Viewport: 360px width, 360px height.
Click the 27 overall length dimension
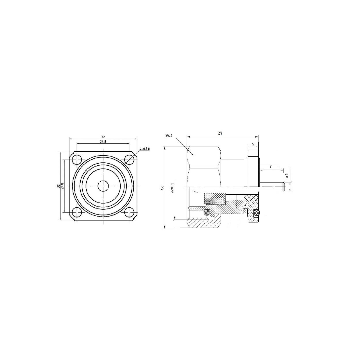coord(220,133)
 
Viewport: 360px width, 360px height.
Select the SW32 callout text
coord(169,136)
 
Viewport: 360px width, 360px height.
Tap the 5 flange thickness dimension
coord(253,144)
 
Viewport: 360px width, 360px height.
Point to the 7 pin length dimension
coord(270,167)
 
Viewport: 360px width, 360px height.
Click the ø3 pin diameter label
coord(287,175)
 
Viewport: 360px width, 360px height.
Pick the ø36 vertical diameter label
coord(162,188)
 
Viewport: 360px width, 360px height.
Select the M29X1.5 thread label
coord(172,188)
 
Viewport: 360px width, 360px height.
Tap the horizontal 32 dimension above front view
coord(103,137)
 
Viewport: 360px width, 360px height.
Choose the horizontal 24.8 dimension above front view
coord(103,142)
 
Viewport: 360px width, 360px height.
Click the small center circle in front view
coord(103,186)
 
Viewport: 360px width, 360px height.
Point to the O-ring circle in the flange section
coord(257,213)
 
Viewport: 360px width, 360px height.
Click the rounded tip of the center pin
coord(284,187)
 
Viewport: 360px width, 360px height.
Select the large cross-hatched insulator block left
coord(215,199)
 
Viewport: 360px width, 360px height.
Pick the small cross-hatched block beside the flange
coord(251,198)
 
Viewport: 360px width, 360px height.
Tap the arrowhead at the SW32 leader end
coord(194,155)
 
